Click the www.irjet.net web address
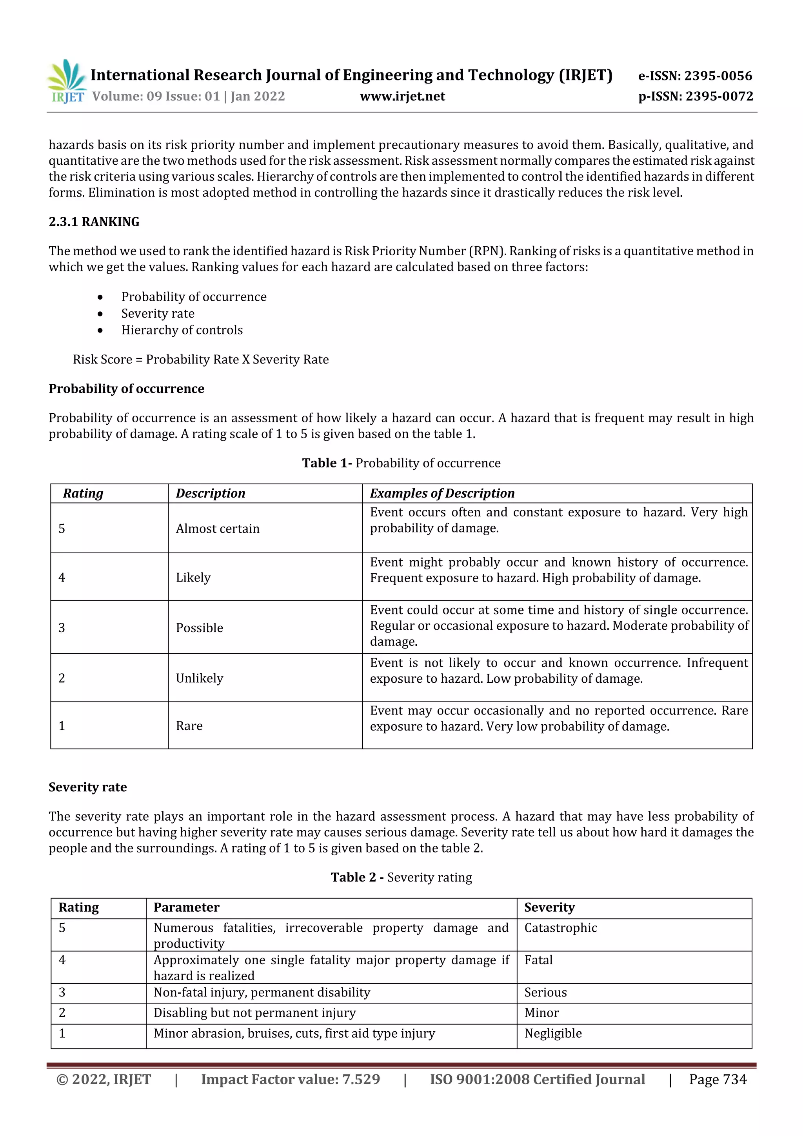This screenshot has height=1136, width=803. pyautogui.click(x=402, y=96)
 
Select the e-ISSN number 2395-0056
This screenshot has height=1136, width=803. pyautogui.click(x=718, y=76)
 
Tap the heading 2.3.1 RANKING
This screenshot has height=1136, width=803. pyautogui.click(x=94, y=222)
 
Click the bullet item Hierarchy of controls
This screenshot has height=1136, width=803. pyautogui.click(x=182, y=330)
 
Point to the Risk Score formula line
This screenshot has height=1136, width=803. pyautogui.click(x=200, y=359)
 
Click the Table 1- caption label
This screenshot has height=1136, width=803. pyautogui.click(x=327, y=463)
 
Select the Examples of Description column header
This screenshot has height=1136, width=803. pyautogui.click(x=442, y=493)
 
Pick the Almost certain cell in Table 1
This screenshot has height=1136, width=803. pyautogui.click(x=218, y=529)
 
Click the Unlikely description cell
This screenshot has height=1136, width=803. pyautogui.click(x=200, y=678)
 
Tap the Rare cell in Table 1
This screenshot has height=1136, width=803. pyautogui.click(x=189, y=726)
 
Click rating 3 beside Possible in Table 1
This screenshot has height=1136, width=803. pyautogui.click(x=62, y=628)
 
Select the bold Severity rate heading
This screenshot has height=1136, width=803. pyautogui.click(x=87, y=787)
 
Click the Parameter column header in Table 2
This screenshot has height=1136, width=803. pyautogui.click(x=186, y=907)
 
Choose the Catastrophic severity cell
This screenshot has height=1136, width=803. pyautogui.click(x=561, y=928)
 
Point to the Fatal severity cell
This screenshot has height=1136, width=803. pyautogui.click(x=538, y=960)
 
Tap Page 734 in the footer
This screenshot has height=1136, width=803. pyautogui.click(x=718, y=1079)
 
